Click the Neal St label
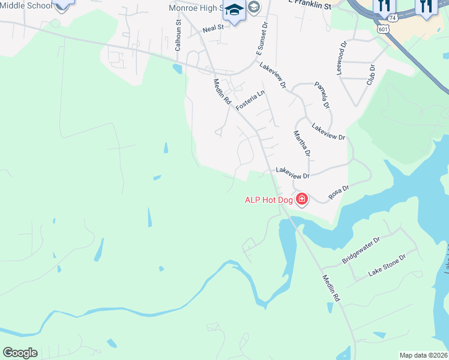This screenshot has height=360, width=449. pos(213,28)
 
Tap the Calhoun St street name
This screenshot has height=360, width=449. pos(178,34)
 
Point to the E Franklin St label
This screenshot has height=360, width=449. pos(309,5)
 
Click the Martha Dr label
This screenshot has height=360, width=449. pos(302,143)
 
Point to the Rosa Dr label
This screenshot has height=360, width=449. pos(338,193)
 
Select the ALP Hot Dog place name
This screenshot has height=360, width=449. pos(268,200)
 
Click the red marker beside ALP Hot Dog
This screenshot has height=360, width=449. pos(301,199)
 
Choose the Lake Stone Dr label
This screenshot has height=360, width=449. pos(387,265)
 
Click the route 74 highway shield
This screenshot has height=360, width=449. pos(392,19)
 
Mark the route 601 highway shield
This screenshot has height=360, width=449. pos(382,28)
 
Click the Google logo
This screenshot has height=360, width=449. pos(20,353)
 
